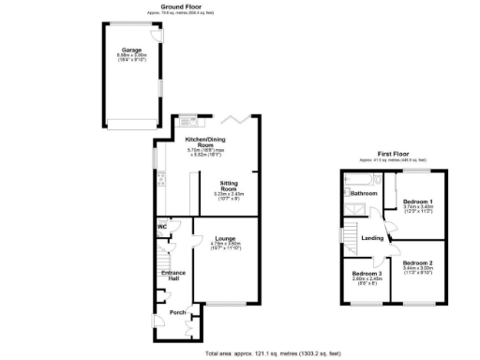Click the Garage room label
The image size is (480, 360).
(x=130, y=50)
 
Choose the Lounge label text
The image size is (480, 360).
(x=228, y=238)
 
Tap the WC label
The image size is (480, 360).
(x=162, y=226)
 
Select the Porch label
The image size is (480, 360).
(x=176, y=311)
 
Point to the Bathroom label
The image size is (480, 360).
(x=364, y=193)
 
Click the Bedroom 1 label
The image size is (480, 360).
(x=418, y=202)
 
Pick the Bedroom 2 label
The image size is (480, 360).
(x=418, y=263)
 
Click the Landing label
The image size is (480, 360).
(x=372, y=238)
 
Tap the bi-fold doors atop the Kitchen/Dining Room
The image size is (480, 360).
(x=240, y=119)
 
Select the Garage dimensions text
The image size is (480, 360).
(x=130, y=57)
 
